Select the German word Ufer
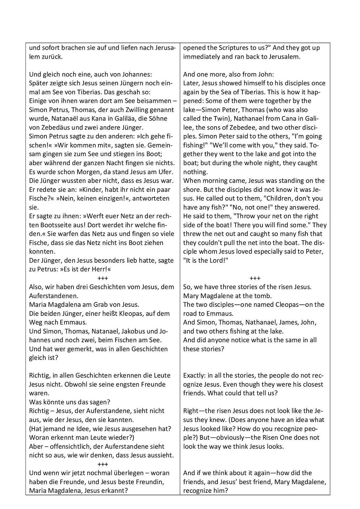[166, 172]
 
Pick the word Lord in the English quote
[214, 260]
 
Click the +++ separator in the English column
[255, 278]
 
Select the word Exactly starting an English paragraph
[194, 376]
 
